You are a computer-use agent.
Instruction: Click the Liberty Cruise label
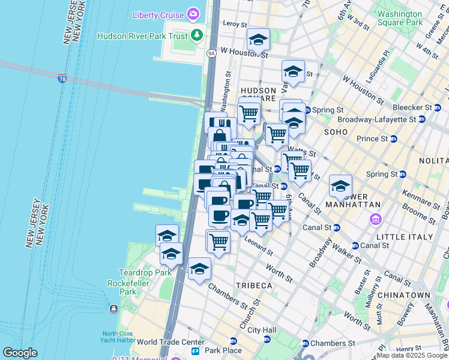point(157,14)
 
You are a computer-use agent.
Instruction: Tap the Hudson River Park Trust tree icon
point(197,35)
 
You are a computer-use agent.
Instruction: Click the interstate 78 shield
point(62,79)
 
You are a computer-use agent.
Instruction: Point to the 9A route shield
point(211,53)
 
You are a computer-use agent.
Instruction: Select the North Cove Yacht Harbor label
point(122,337)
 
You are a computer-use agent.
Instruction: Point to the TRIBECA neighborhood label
point(255,286)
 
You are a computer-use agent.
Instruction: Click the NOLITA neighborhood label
point(435,161)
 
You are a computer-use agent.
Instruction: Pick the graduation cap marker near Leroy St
point(259,40)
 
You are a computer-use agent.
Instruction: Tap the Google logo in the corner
point(20,353)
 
